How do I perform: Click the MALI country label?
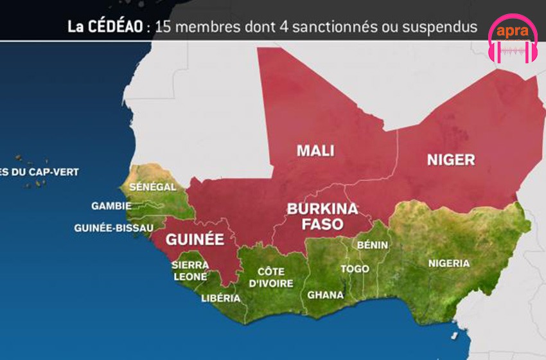pyautogui.click(x=315, y=150)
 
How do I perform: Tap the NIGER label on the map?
pyautogui.click(x=451, y=159)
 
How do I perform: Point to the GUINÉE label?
pyautogui.click(x=195, y=240)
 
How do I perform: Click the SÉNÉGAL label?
pyautogui.click(x=153, y=186)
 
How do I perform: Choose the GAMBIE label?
pyautogui.click(x=111, y=206)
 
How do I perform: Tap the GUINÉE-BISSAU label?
pyautogui.click(x=114, y=228)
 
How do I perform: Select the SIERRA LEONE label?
pyautogui.click(x=190, y=271)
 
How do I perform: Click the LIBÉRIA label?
pyautogui.click(x=220, y=298)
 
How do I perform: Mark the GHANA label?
pyautogui.click(x=325, y=295)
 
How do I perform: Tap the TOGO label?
pyautogui.click(x=355, y=269)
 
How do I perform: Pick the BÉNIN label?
pyautogui.click(x=373, y=245)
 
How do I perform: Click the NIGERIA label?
pyautogui.click(x=449, y=263)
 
